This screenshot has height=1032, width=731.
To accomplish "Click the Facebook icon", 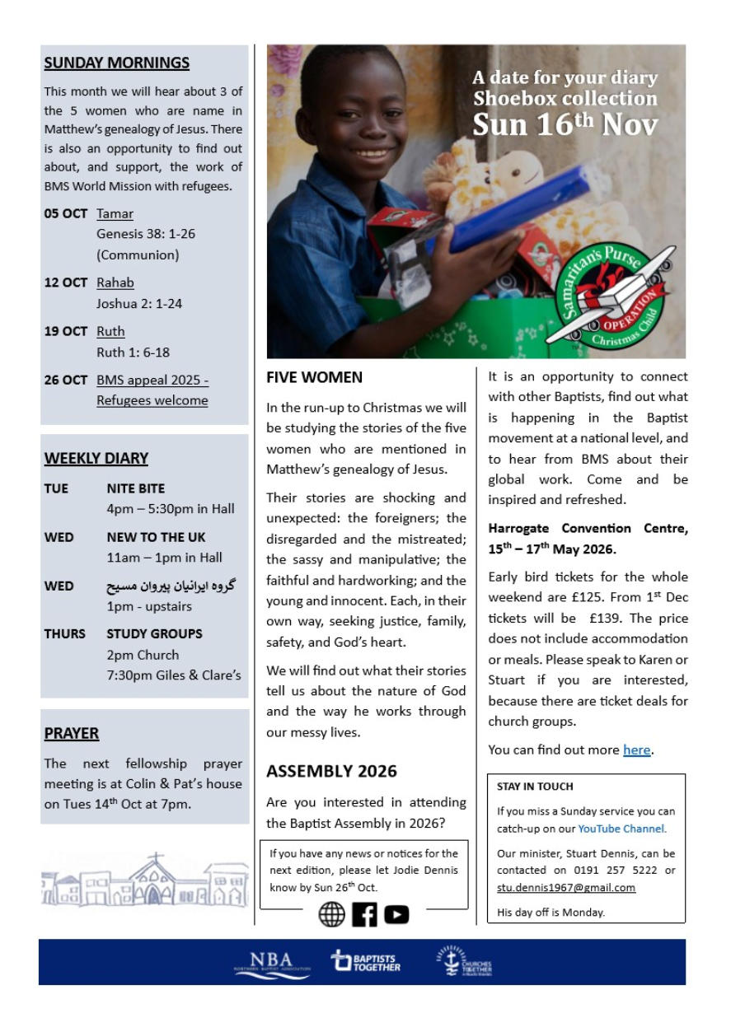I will click(364, 913).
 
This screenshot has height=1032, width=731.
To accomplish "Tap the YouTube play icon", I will click(396, 913).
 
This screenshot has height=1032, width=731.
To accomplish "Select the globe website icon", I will click(331, 913).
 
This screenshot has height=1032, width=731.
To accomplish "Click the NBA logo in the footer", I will click(271, 963).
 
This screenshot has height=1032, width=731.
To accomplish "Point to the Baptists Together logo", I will click(365, 962).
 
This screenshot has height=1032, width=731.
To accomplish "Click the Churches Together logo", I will click(464, 962).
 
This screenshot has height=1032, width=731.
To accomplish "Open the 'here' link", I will click(636, 749).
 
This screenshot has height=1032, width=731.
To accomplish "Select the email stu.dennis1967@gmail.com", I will click(566, 887).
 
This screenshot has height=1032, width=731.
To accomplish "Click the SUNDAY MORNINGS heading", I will click(117, 63).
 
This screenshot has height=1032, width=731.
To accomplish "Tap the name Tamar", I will click(115, 213).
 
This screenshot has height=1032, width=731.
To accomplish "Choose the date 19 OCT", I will click(65, 331).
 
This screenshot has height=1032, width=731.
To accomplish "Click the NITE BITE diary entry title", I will click(135, 488).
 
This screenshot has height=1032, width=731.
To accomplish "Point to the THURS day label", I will click(64, 633).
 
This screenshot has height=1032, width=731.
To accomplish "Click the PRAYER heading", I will click(72, 733).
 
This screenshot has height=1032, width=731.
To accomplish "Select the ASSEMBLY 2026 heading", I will click(331, 771).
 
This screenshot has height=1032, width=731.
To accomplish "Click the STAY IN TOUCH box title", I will click(535, 787).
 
